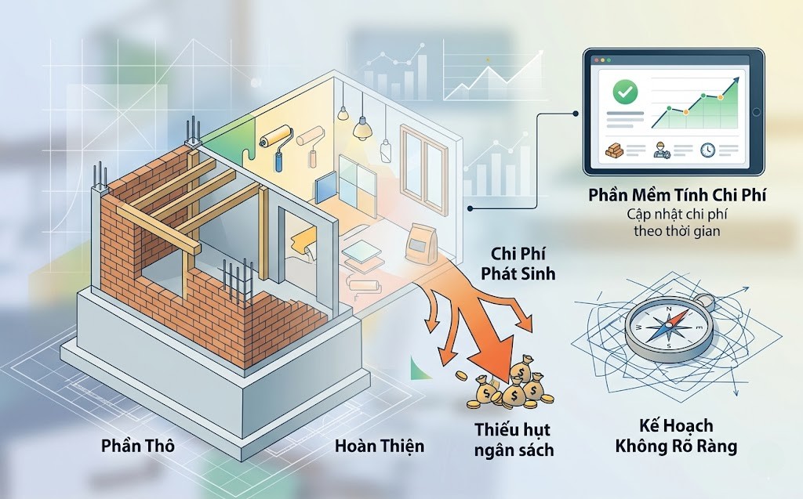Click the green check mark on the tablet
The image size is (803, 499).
tap(625, 92)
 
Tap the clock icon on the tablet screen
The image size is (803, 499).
tap(707, 149)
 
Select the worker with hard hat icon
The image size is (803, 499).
tap(663, 149)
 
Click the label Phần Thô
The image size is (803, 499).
tap(137, 447)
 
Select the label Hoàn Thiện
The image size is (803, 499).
tap(379, 447)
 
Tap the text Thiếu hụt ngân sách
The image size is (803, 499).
tap(514, 439)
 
